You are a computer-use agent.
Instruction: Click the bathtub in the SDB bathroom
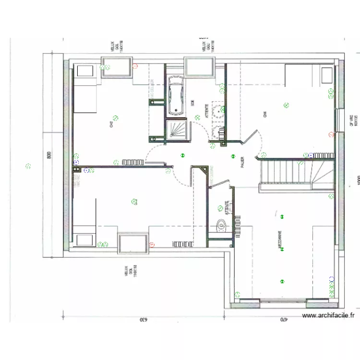point(177,96)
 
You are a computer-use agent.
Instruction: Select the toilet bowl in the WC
point(221,225)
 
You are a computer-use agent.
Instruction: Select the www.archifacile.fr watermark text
point(328,315)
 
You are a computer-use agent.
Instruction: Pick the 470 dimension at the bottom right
point(284,319)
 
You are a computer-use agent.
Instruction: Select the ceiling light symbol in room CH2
point(115,117)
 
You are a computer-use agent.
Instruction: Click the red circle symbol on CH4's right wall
point(330,134)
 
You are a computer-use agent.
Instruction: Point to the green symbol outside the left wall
point(28,167)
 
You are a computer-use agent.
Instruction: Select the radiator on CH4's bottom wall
point(320,155)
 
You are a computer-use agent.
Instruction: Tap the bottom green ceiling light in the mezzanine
point(282,282)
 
